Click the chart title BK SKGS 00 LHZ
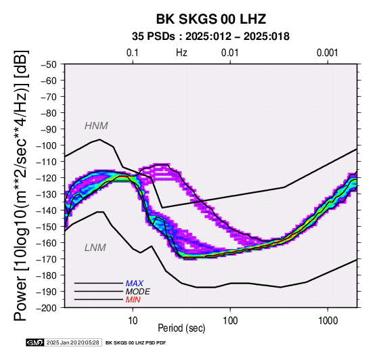(211, 19)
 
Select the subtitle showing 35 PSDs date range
(211, 37)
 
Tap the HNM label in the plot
(96, 126)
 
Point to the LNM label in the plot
(95, 248)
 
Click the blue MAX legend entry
(135, 284)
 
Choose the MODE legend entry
(138, 292)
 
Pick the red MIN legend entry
(133, 300)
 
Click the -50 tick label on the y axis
(49, 64)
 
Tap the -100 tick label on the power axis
(46, 145)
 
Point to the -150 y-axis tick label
(46, 227)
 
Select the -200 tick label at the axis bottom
(46, 308)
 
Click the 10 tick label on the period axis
(133, 321)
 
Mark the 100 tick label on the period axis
(230, 321)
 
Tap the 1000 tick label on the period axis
(328, 321)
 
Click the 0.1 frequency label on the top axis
(133, 53)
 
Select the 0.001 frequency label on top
(328, 53)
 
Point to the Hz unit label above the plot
(181, 53)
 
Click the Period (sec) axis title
(181, 328)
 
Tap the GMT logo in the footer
(35, 342)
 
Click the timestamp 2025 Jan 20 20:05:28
(72, 342)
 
